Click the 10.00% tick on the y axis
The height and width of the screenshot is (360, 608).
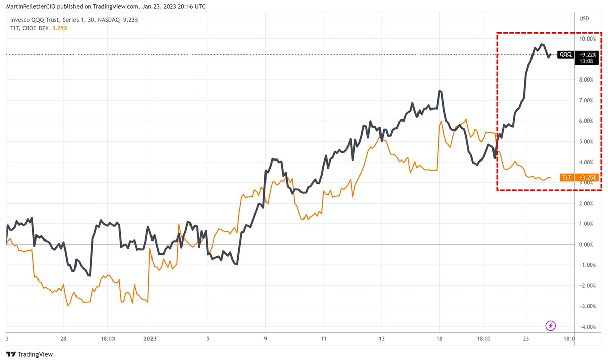[x=586, y=38]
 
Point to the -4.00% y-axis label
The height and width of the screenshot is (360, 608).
[x=586, y=327]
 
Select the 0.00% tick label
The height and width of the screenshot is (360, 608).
[x=586, y=245]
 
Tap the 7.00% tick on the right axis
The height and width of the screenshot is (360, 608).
[x=586, y=100]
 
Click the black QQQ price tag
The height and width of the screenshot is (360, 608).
[x=565, y=54]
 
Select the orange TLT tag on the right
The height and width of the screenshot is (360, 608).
[x=566, y=178]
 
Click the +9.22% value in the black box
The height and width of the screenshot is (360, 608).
[x=588, y=54]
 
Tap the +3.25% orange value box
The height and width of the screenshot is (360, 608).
[x=588, y=178]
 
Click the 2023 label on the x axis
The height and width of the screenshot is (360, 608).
[x=150, y=339]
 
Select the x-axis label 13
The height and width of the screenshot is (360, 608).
[x=382, y=339]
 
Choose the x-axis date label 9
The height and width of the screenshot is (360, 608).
[x=265, y=339]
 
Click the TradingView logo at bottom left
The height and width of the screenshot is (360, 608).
[x=29, y=354]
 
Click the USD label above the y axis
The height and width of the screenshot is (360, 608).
[x=584, y=18]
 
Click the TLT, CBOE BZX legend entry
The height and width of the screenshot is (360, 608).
[x=29, y=28]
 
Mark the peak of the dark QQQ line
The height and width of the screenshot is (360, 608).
[x=542, y=44]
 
